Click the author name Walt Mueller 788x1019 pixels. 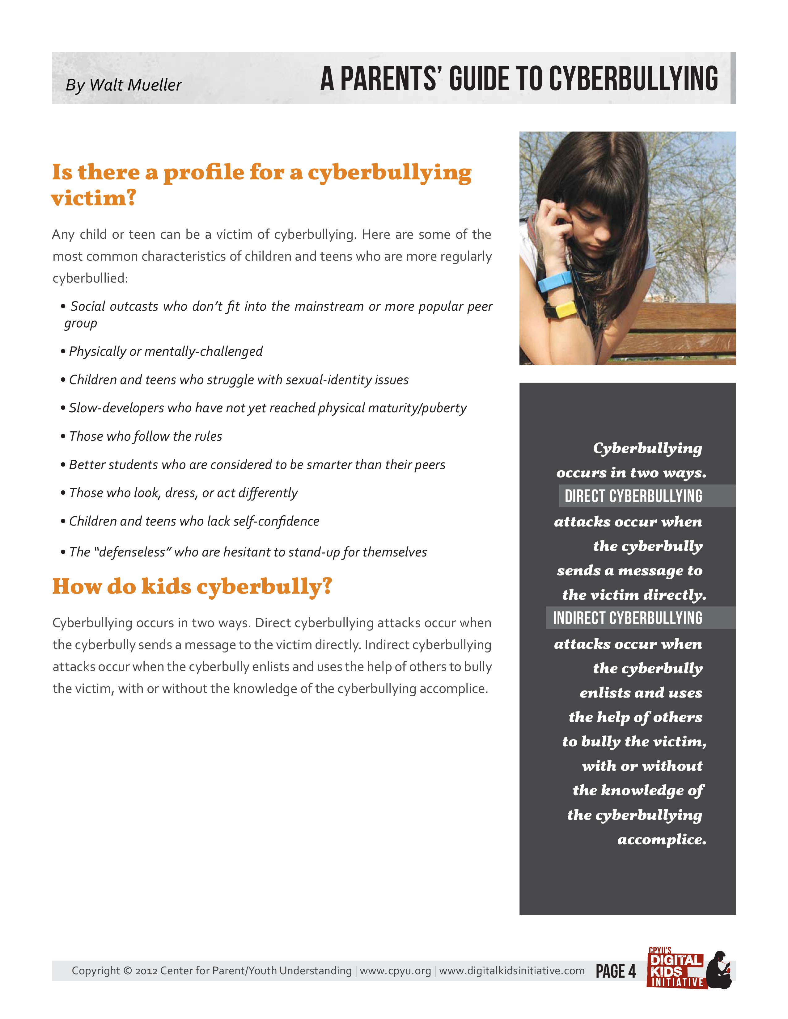[x=135, y=85]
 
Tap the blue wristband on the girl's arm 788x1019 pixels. [x=555, y=281]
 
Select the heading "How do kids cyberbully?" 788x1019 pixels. [x=192, y=586]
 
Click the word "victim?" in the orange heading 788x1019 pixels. [x=93, y=198]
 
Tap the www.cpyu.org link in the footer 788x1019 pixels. [x=396, y=971]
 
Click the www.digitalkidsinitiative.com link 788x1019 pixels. [x=512, y=971]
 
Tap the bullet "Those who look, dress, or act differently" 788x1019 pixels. [x=183, y=493]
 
